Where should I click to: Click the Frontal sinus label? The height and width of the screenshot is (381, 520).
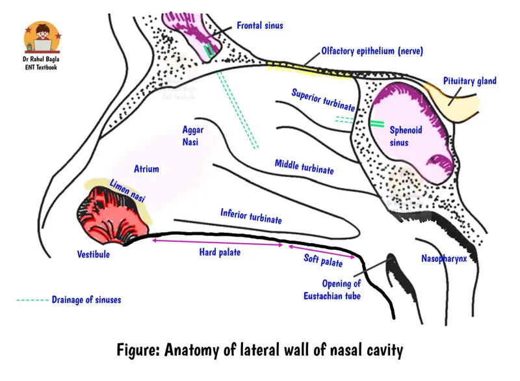260,26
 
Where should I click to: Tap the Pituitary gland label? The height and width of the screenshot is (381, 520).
470,81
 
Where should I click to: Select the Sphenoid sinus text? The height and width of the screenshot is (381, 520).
406,136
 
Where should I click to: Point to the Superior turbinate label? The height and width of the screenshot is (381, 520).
323,99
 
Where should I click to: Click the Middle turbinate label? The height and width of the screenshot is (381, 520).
304,166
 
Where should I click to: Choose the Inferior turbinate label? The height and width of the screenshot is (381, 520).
251,216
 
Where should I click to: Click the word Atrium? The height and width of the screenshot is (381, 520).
146,169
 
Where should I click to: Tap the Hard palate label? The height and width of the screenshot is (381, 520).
220,252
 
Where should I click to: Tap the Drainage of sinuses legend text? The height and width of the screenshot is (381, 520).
86,300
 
